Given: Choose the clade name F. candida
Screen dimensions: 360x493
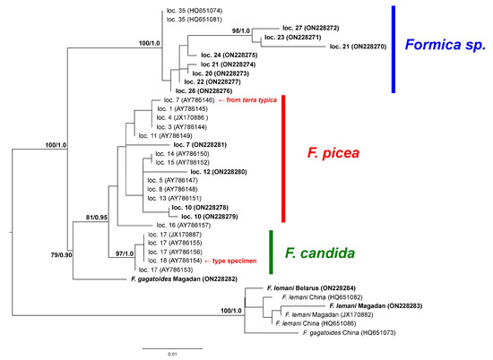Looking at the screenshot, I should coord(326,245).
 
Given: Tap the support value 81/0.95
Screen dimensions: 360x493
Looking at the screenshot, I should coord(91,216).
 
